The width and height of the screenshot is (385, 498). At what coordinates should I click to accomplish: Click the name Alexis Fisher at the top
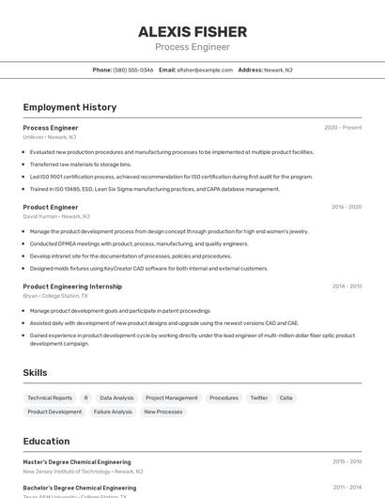tap(192, 31)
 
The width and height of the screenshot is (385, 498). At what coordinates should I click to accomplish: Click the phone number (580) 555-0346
tap(133, 70)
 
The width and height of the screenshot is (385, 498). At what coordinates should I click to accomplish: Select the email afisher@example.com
tap(205, 70)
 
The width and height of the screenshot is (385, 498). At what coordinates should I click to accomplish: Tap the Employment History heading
tap(69, 107)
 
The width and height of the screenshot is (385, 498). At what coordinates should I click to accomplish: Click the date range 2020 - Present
tap(343, 128)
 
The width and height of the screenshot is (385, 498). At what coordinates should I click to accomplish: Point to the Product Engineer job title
tap(51, 207)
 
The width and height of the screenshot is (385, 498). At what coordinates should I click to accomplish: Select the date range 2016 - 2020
tap(346, 207)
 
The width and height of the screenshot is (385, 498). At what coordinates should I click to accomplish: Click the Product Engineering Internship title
tap(72, 286)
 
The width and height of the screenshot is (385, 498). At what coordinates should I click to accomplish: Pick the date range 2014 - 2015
tap(346, 286)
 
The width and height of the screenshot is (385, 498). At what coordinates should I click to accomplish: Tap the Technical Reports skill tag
tap(50, 397)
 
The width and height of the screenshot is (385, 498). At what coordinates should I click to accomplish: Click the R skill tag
tap(85, 397)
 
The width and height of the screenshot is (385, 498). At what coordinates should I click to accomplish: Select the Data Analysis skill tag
tap(116, 397)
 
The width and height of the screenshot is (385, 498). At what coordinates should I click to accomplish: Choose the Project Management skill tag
tap(172, 397)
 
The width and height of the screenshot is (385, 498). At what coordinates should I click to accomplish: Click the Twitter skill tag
tap(258, 397)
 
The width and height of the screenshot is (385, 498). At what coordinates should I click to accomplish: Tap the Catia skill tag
tap(286, 397)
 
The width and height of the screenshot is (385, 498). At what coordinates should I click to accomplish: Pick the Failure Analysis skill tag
tap(113, 412)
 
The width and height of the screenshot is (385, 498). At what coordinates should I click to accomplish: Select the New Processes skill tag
tap(163, 412)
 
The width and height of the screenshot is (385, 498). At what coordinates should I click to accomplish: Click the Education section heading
tap(46, 441)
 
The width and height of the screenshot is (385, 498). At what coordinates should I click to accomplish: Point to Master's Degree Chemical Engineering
tap(77, 461)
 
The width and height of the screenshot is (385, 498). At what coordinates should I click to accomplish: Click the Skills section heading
tap(35, 372)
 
